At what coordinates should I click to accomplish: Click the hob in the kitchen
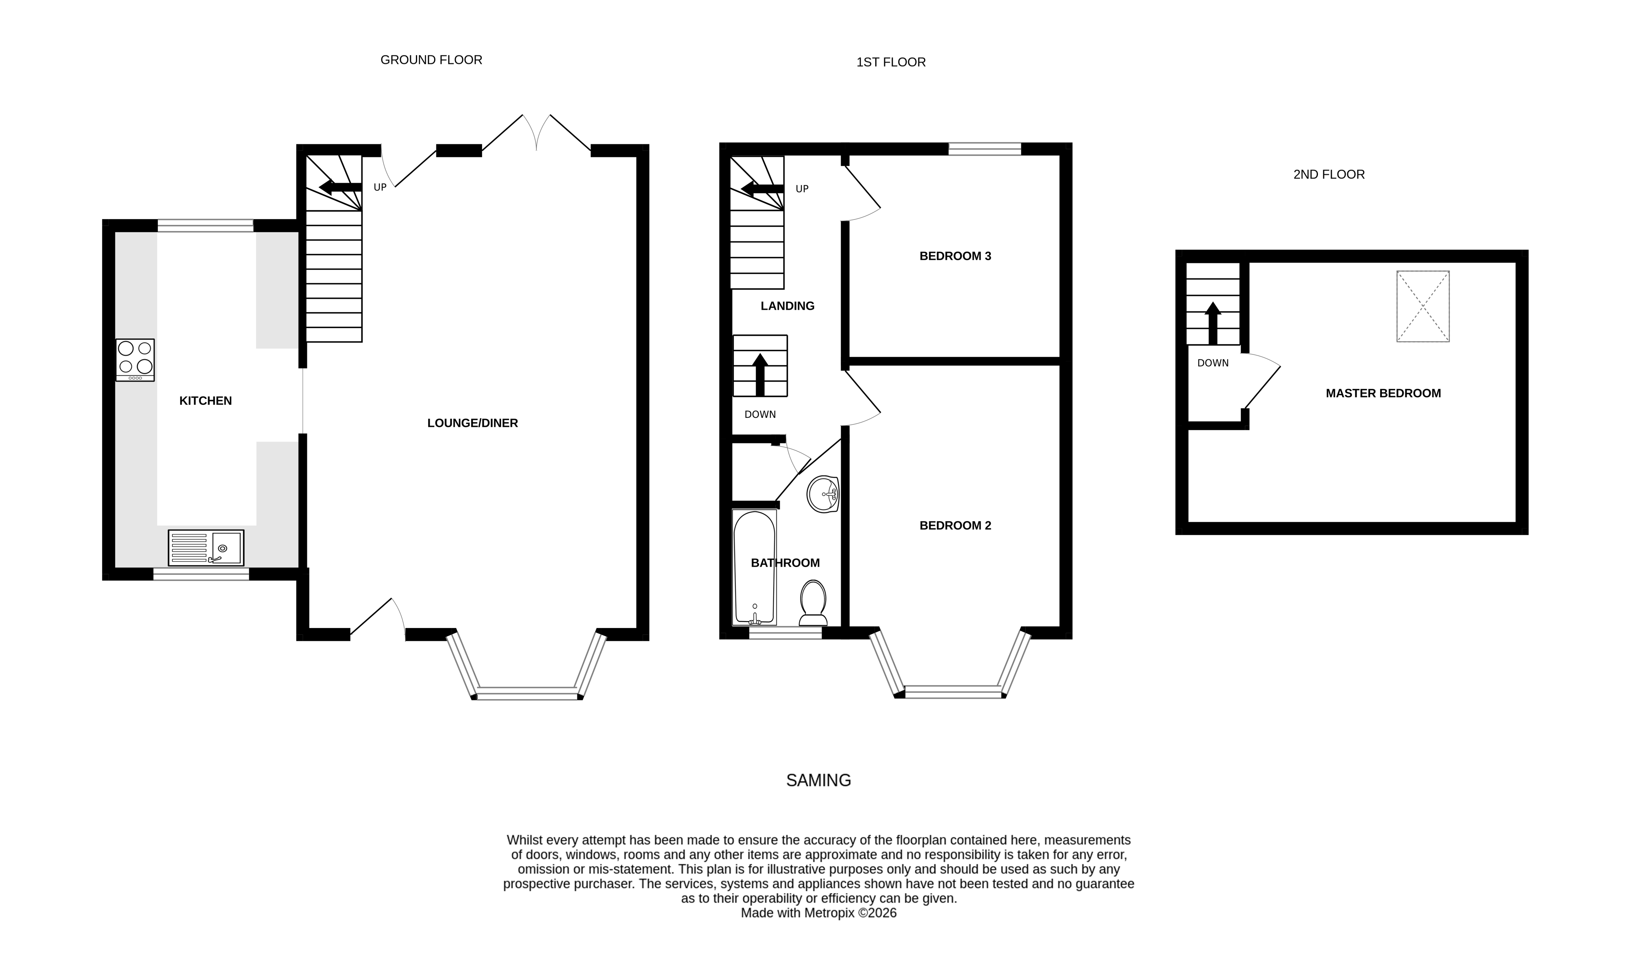[135, 360]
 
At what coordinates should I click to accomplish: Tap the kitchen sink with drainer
[206, 548]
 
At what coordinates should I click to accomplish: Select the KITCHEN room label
[205, 401]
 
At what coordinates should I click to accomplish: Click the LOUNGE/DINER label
[472, 423]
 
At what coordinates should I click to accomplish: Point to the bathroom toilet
[813, 603]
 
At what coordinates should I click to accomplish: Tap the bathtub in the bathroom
[755, 567]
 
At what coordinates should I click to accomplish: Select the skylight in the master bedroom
[1422, 306]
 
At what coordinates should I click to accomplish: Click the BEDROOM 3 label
[955, 256]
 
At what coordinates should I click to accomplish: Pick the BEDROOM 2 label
[955, 525]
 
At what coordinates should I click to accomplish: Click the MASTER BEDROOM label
[1383, 393]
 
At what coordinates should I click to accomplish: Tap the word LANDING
[787, 306]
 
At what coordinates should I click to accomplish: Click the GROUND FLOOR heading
[431, 60]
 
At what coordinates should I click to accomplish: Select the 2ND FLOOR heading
[1329, 175]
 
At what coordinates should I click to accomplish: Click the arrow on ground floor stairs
[339, 188]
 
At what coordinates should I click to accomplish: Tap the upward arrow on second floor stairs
[1213, 323]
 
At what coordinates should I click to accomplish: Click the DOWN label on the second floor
[1213, 363]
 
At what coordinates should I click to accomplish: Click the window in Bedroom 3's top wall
[984, 149]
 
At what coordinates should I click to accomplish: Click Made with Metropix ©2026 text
[818, 913]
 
